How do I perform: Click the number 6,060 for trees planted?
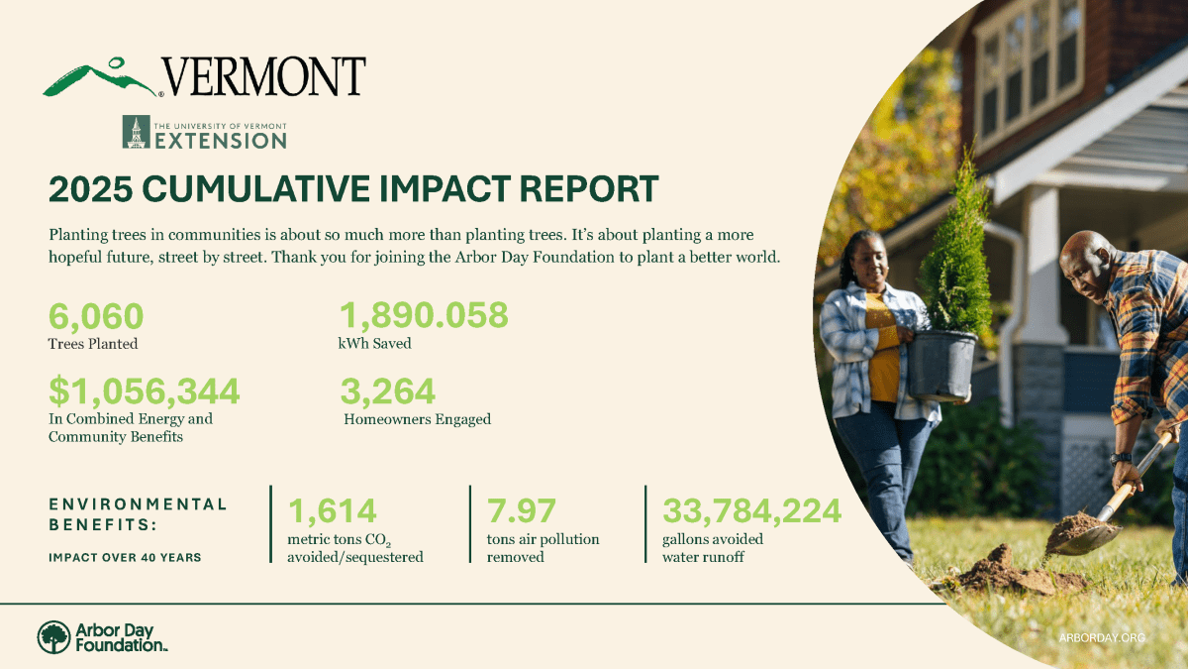coord(96,316)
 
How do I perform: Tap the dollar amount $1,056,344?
coord(145,390)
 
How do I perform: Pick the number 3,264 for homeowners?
coord(388,390)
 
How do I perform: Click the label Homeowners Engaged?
coord(417,419)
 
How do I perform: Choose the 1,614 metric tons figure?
coord(333,510)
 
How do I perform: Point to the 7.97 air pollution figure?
coord(522,510)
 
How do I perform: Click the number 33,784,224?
coord(752,510)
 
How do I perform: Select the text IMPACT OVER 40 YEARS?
coord(125,557)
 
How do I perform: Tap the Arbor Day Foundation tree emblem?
coord(53,637)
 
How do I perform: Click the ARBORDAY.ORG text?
coord(1101,638)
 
